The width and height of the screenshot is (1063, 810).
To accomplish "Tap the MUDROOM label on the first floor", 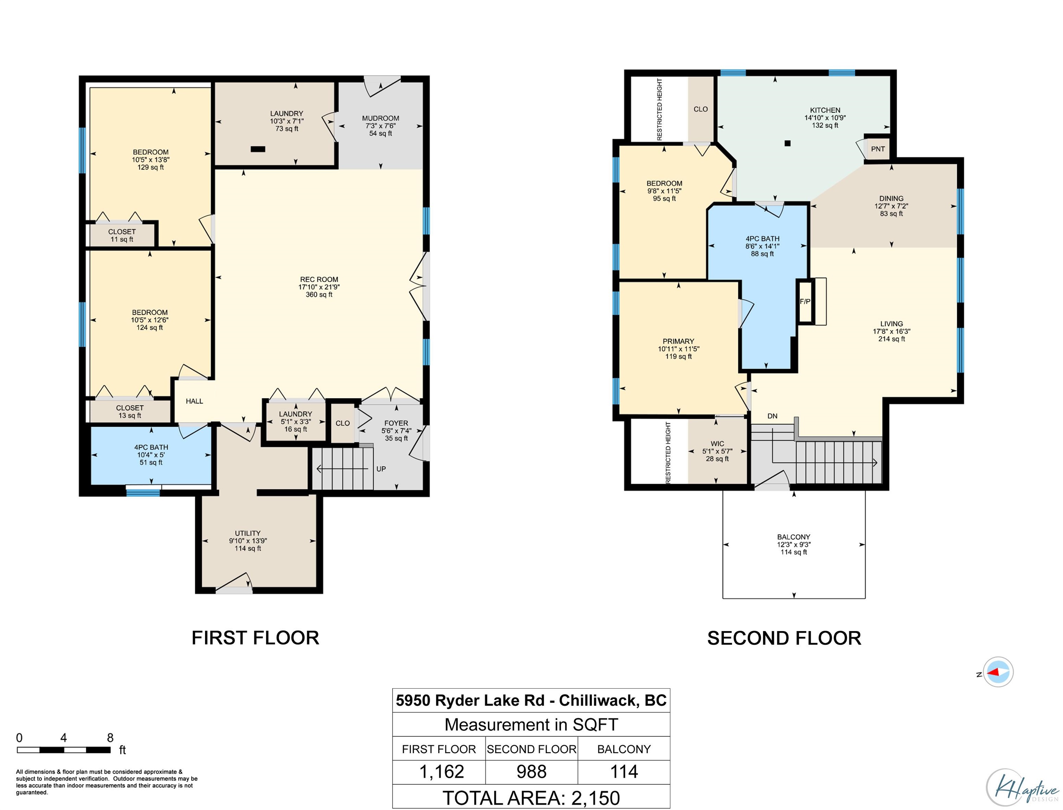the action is point(381,118).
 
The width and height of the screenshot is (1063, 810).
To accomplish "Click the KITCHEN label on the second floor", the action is point(825,110).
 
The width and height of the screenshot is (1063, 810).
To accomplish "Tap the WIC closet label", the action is point(717,444).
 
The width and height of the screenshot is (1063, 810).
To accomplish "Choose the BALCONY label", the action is point(794,536).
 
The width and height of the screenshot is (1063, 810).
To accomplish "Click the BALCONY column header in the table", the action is point(624,749).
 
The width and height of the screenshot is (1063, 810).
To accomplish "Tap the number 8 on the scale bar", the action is point(110,738).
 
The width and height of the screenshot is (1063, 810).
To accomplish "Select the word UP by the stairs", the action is point(381,469).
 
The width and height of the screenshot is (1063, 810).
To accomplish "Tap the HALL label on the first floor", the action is point(195,401).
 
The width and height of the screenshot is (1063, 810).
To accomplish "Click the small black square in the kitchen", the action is point(788,143).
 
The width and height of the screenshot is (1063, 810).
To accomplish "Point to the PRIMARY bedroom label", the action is point(678,341).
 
